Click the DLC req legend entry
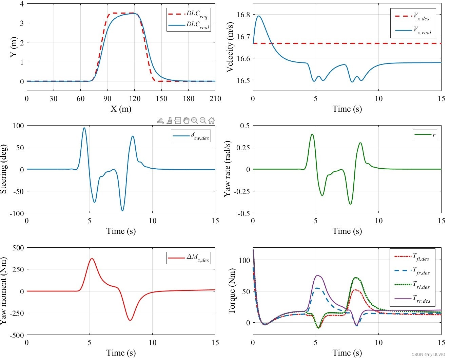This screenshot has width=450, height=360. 189,14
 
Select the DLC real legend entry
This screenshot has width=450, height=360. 189,25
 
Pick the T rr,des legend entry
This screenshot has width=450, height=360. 412,299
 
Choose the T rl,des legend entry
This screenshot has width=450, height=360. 412,285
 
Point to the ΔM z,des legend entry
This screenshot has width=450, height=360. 189,258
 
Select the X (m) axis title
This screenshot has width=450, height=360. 121,109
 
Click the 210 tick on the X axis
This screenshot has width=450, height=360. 215,99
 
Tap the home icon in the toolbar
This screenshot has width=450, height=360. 211,120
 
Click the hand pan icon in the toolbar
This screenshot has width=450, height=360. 186,120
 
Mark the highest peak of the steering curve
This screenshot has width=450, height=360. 84,128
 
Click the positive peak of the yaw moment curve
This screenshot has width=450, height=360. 92,259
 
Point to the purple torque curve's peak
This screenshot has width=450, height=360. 317,275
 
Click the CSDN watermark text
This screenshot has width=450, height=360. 428,355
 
